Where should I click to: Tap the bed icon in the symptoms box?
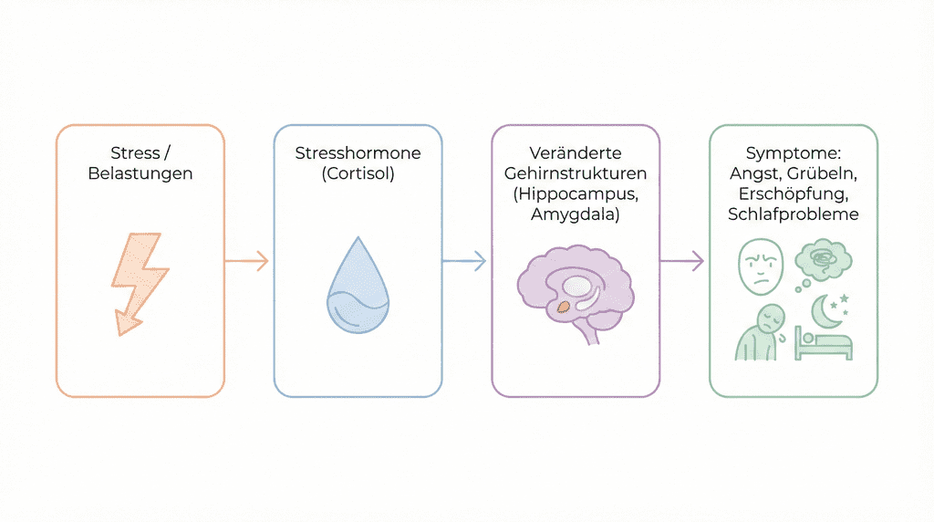click(825, 344)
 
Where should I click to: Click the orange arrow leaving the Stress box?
click(246, 262)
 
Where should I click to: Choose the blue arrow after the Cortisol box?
click(464, 262)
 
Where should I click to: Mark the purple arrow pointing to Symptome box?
click(682, 262)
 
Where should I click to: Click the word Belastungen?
click(140, 173)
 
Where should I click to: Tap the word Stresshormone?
click(358, 153)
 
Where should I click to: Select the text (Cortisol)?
click(358, 173)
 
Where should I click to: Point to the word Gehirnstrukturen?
click(576, 173)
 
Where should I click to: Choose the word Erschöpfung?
click(794, 193)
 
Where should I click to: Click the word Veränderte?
click(576, 153)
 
